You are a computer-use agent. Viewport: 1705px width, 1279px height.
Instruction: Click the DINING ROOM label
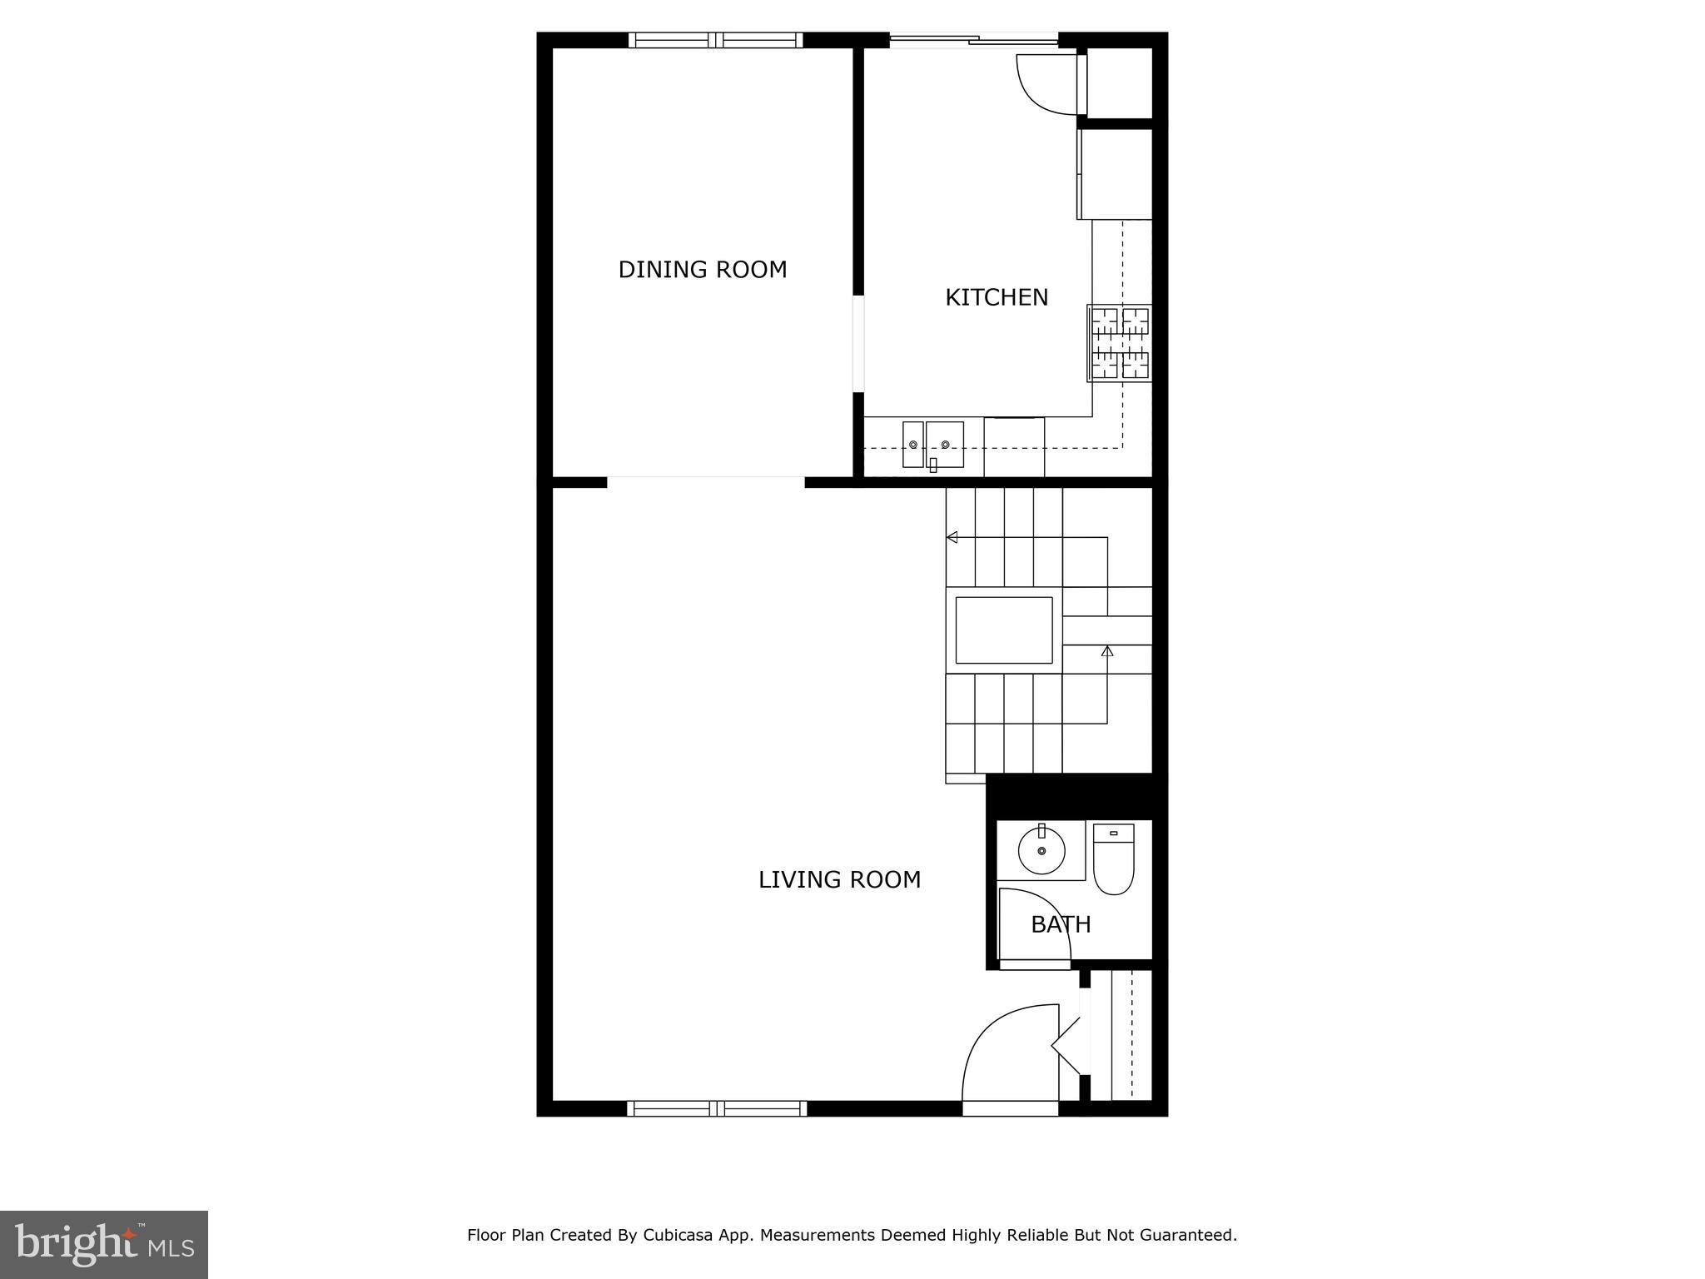(702, 270)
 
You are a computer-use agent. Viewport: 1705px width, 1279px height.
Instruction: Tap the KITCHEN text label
(996, 297)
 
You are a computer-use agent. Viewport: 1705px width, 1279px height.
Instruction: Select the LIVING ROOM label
(839, 879)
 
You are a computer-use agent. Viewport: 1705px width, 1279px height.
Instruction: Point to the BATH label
(1061, 924)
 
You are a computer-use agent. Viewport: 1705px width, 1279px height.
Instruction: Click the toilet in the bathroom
(1113, 859)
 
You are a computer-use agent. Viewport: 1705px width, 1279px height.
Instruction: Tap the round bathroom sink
(1041, 851)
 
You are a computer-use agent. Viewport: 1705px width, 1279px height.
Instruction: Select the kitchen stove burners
(1121, 343)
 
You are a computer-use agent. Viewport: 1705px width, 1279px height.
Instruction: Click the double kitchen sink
(933, 445)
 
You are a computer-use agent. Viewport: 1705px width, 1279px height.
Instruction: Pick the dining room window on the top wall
(715, 40)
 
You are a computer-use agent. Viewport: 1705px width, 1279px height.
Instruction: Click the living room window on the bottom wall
(716, 1108)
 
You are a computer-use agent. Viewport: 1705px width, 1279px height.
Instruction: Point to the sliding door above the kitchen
(974, 38)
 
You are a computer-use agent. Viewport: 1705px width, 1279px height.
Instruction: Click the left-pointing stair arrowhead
(952, 537)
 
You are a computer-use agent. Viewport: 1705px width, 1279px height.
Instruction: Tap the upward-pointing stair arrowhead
(1107, 650)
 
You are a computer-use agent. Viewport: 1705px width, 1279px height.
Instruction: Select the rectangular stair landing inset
(1004, 630)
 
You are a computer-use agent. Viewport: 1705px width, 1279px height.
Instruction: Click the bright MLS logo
(104, 1244)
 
